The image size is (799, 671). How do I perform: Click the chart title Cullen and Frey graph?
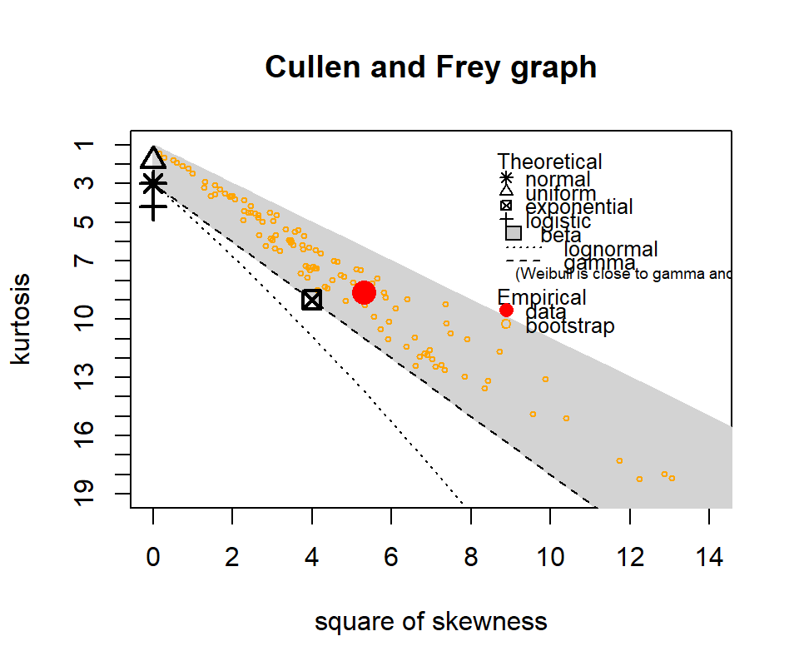point(431,67)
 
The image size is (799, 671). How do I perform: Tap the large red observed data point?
point(364,292)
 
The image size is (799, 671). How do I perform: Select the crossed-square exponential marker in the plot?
point(312,300)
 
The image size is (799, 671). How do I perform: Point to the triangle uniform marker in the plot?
point(153,158)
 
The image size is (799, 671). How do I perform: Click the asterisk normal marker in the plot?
point(153,184)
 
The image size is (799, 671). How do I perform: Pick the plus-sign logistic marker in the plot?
point(153,208)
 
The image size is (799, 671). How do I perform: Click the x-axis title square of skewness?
point(431,622)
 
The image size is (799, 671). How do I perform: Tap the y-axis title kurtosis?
point(22,318)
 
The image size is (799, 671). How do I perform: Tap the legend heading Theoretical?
point(549,162)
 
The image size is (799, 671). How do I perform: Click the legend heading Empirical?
point(541,297)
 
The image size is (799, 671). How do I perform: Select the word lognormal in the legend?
point(611,249)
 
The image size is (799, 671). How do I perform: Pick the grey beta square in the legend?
point(514,234)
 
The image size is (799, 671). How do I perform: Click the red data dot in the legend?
point(506,311)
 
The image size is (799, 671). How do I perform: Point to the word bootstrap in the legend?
point(570,326)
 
